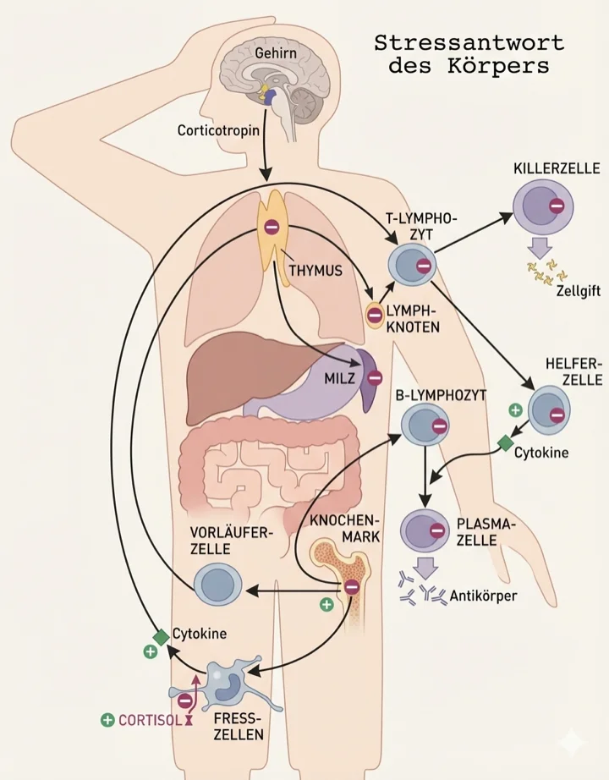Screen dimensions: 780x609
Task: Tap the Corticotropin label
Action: coord(219,131)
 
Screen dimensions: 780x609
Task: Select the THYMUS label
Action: coord(315,271)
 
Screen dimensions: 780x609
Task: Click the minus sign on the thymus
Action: coord(271,227)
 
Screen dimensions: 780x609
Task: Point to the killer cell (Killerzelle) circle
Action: coord(544,206)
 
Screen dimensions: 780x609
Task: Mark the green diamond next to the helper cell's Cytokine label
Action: coord(506,442)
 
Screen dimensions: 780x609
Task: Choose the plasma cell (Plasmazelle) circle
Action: coord(425,531)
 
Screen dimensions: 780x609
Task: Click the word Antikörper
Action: coord(485,596)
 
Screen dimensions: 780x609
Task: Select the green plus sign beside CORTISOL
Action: coord(107,720)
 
